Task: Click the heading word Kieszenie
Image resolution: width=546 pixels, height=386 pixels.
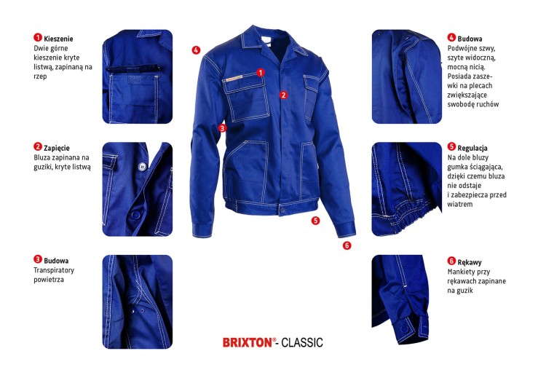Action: [x=59, y=38]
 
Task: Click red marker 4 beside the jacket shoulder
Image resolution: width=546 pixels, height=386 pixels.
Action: [x=196, y=50]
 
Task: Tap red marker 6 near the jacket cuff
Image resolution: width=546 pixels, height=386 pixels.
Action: [x=347, y=245]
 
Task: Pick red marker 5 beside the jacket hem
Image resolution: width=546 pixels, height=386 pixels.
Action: [x=315, y=220]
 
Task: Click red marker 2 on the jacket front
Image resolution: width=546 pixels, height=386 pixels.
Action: [x=284, y=95]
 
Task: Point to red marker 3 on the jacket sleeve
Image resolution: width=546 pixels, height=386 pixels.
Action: [x=221, y=127]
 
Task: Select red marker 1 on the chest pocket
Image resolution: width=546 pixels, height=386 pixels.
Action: [x=260, y=72]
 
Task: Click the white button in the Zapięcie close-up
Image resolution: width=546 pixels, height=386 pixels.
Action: [x=142, y=166]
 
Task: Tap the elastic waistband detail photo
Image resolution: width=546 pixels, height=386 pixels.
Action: [x=407, y=189]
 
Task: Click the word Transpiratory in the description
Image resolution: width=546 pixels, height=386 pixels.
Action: [x=54, y=270]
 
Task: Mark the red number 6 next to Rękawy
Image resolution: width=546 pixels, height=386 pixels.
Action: [x=452, y=261]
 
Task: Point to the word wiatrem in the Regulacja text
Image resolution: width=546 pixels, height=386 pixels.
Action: [x=461, y=205]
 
